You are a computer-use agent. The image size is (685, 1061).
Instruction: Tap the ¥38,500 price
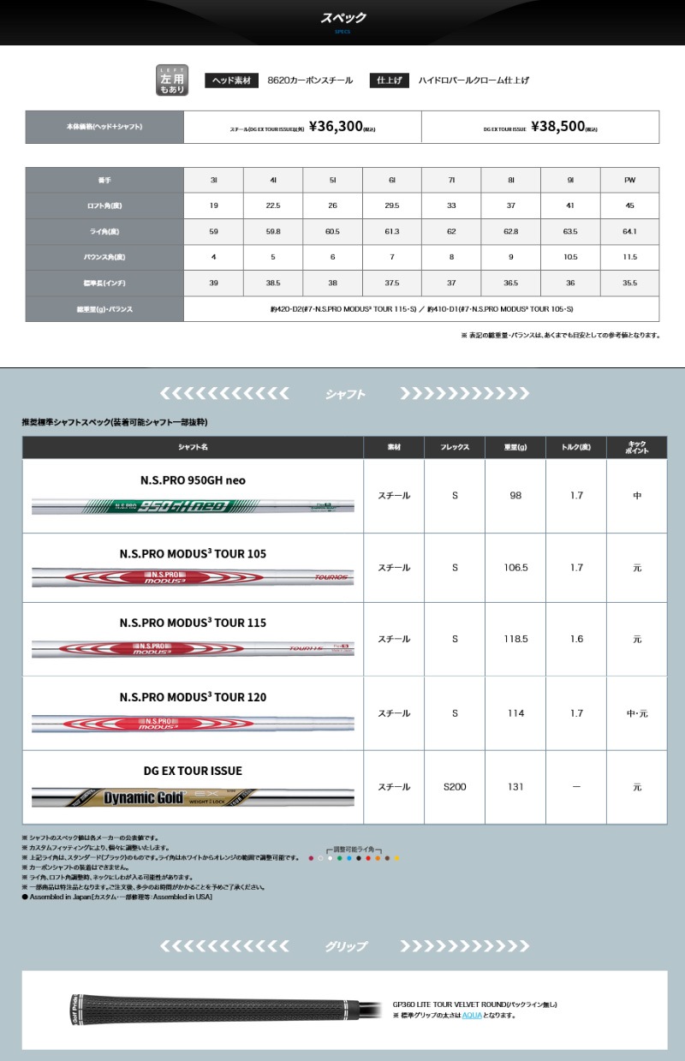click(x=557, y=127)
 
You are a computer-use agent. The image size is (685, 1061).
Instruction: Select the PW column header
click(x=629, y=181)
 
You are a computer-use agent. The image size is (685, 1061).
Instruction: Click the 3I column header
click(x=213, y=181)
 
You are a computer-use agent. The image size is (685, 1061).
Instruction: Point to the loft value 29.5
click(x=391, y=206)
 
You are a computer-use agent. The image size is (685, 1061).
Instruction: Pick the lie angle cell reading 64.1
click(x=629, y=231)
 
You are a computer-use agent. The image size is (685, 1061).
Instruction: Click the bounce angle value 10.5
click(x=570, y=257)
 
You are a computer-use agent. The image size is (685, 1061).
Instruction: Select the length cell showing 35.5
click(x=629, y=283)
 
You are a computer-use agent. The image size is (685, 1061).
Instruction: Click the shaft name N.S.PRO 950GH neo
click(x=194, y=480)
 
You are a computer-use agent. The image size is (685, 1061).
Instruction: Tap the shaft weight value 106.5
click(x=515, y=568)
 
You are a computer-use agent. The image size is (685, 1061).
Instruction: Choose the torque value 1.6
click(x=576, y=639)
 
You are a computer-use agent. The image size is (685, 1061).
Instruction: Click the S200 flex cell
click(x=455, y=787)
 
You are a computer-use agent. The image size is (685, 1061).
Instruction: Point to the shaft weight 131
click(x=515, y=787)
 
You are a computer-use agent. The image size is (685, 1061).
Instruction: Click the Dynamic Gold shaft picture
click(x=194, y=797)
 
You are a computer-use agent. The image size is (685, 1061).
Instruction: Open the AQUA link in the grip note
click(x=472, y=1015)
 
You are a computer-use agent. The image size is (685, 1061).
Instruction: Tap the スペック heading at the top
click(x=342, y=18)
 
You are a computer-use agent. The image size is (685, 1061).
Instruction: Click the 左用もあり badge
click(x=170, y=80)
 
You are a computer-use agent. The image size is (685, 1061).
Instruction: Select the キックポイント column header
click(x=636, y=447)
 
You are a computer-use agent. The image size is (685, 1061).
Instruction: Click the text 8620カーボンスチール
click(x=310, y=80)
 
